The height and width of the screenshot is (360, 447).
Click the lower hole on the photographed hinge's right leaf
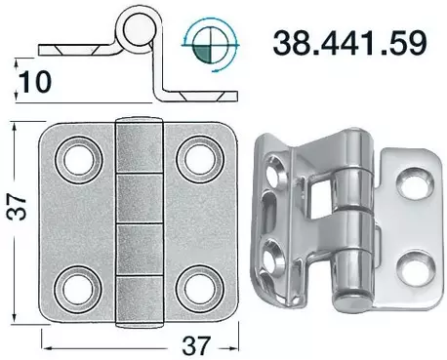pos(417,263)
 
